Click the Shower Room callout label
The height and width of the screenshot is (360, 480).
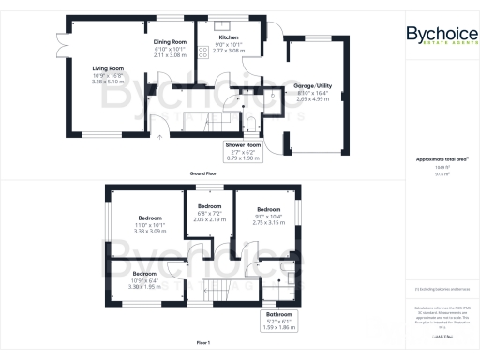242,145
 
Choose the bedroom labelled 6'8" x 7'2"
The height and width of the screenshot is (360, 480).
210,206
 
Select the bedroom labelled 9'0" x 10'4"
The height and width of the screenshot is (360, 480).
269,210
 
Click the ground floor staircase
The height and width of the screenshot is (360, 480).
202,122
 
